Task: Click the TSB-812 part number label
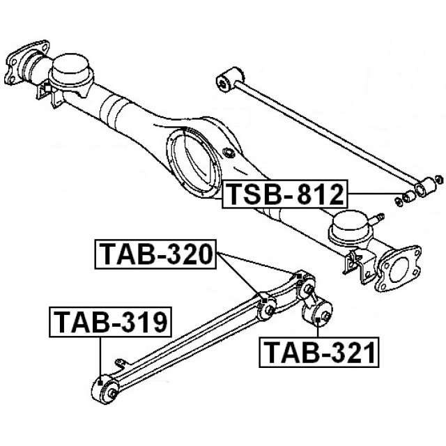click(x=285, y=194)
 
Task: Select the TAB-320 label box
click(x=155, y=254)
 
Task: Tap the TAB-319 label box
click(x=110, y=322)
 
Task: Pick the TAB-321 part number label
click(x=319, y=353)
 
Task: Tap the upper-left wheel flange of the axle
click(x=27, y=62)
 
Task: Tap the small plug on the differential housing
click(x=228, y=152)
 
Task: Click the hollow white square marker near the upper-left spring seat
click(x=48, y=89)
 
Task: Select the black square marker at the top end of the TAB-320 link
click(x=298, y=276)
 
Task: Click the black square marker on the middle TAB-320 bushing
click(x=265, y=300)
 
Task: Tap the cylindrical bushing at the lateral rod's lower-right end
click(x=425, y=187)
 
